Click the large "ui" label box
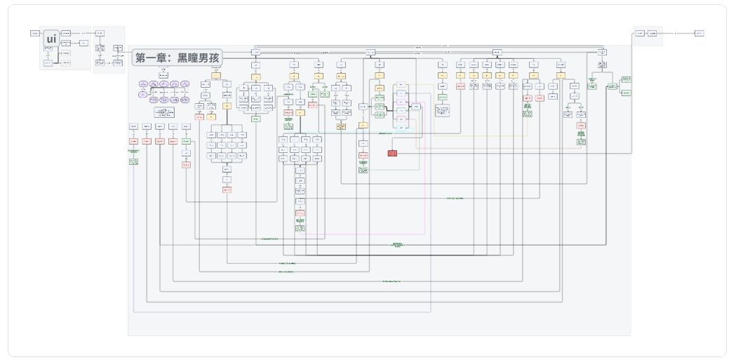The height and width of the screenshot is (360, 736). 51,39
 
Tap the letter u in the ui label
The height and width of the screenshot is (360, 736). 48,40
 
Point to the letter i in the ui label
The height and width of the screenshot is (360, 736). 55,39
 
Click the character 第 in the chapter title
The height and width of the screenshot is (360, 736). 141,58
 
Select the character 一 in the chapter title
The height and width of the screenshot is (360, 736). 152,58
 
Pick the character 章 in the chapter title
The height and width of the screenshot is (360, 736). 163,58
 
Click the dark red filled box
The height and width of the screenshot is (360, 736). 392,153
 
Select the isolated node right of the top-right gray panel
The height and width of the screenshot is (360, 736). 699,33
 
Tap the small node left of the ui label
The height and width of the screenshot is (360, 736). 34,33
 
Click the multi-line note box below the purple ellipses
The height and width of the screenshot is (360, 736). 164,112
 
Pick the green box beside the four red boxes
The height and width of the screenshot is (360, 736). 186,141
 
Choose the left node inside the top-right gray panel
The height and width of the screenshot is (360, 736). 640,33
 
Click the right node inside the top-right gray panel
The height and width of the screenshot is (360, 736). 653,33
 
